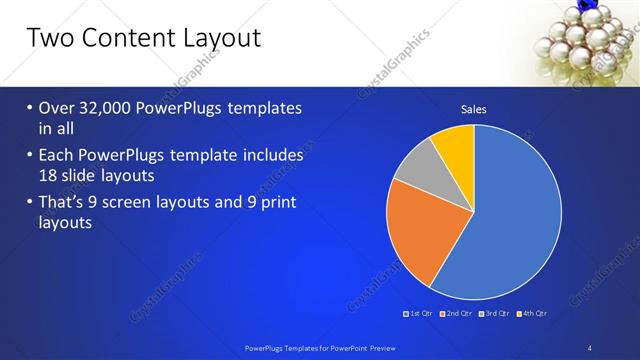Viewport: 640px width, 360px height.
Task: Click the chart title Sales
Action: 473,110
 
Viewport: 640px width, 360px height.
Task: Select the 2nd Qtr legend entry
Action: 457,313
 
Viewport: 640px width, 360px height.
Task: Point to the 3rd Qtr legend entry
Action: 492,313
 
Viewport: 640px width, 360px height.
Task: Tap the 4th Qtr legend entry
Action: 531,313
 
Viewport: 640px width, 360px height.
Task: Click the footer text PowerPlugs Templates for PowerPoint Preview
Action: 319,347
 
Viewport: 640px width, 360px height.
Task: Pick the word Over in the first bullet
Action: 59,108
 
